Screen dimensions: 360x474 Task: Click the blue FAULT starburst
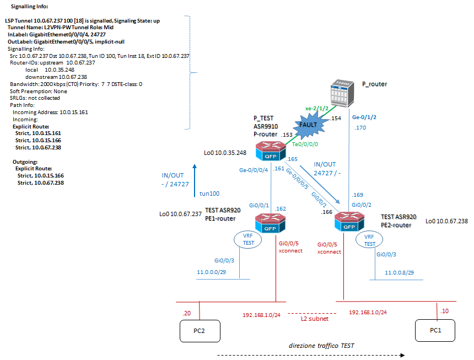tap(309, 125)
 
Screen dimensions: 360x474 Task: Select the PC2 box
tap(200, 331)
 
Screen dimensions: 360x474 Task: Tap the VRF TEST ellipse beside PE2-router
tap(370, 240)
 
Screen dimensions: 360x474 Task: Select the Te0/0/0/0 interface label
tap(305, 144)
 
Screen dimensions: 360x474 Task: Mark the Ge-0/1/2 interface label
tap(364, 117)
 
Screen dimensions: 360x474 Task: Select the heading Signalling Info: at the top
tap(30, 7)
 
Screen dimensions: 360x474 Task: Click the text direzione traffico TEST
tap(321, 345)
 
